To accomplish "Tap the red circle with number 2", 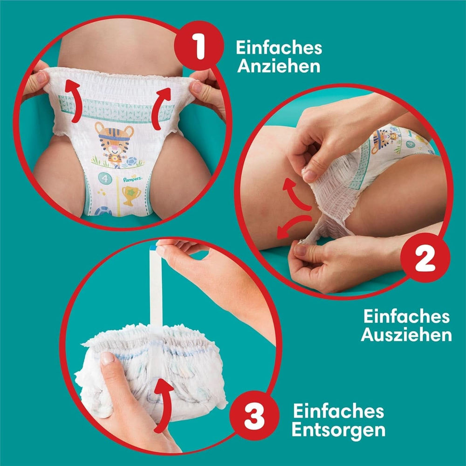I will (425, 259).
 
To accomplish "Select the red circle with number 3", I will (254, 412).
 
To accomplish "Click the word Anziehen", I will (278, 65).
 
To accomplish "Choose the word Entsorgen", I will (339, 430).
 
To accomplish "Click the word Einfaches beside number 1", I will (279, 48).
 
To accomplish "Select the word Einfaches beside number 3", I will (338, 411).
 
